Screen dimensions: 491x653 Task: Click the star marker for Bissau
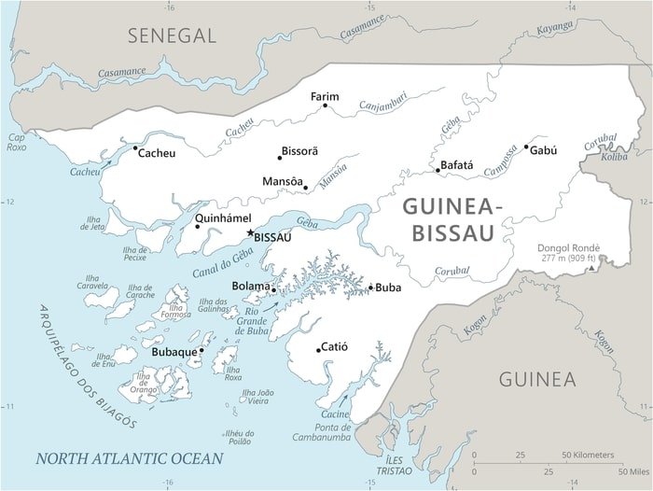(249, 232)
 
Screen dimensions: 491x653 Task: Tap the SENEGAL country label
(173, 36)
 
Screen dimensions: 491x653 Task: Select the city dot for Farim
(325, 105)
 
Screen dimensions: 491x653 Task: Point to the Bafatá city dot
(437, 170)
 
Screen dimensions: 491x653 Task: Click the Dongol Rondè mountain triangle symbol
(590, 270)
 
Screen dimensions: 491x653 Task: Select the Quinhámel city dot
(197, 227)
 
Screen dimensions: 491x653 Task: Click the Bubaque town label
(174, 353)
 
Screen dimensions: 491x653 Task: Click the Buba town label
(388, 288)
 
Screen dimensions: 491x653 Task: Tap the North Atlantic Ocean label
(129, 458)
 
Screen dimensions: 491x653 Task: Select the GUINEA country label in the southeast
(536, 379)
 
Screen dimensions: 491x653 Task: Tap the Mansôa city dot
(305, 188)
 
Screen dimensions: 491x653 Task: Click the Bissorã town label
(301, 151)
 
